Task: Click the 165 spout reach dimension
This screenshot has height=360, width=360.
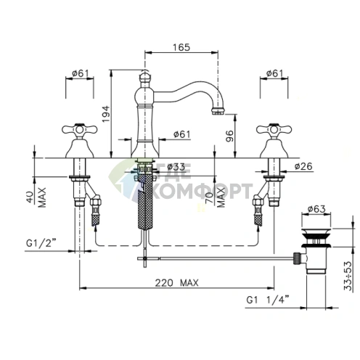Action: coord(181,47)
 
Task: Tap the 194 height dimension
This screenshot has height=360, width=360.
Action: coord(106,114)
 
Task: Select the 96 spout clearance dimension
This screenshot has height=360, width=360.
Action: coord(229,136)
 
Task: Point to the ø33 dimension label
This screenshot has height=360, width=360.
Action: coord(176,167)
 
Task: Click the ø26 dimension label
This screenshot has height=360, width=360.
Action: coord(303,166)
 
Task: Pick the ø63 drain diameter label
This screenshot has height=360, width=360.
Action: coord(316,208)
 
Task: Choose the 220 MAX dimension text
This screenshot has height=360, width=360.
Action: coord(176,282)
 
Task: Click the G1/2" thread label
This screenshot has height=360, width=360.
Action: coord(41,243)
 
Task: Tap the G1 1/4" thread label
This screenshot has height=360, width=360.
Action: coord(268,300)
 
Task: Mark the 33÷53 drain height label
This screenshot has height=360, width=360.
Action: coord(348,276)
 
